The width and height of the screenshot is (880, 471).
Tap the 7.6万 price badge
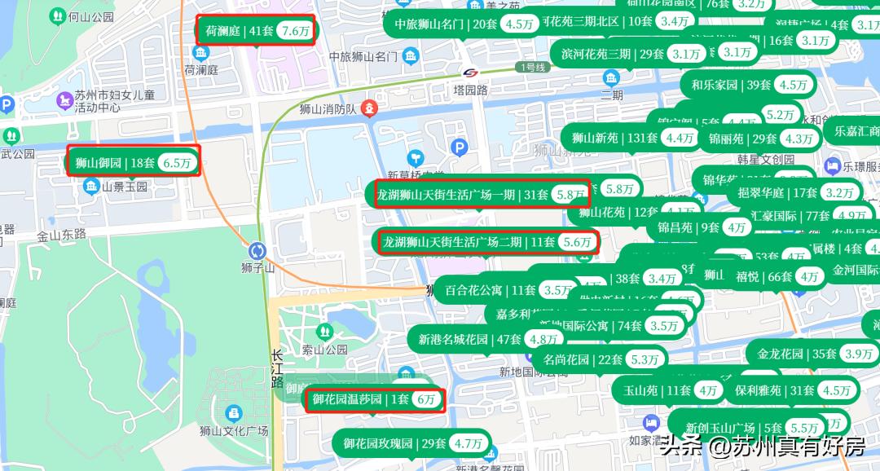point(295,32)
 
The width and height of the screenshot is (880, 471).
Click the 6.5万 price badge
point(177,163)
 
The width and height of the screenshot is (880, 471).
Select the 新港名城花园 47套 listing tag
point(469,339)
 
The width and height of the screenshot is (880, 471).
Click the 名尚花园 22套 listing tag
point(582,359)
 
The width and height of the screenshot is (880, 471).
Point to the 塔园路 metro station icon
point(470,73)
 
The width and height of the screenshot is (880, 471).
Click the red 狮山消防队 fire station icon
point(370,108)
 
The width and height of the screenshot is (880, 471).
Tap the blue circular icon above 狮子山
point(258,250)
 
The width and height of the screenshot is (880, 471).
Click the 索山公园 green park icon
point(325,332)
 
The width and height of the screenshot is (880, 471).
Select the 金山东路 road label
point(61,234)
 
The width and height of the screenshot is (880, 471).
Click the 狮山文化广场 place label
point(234,430)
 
